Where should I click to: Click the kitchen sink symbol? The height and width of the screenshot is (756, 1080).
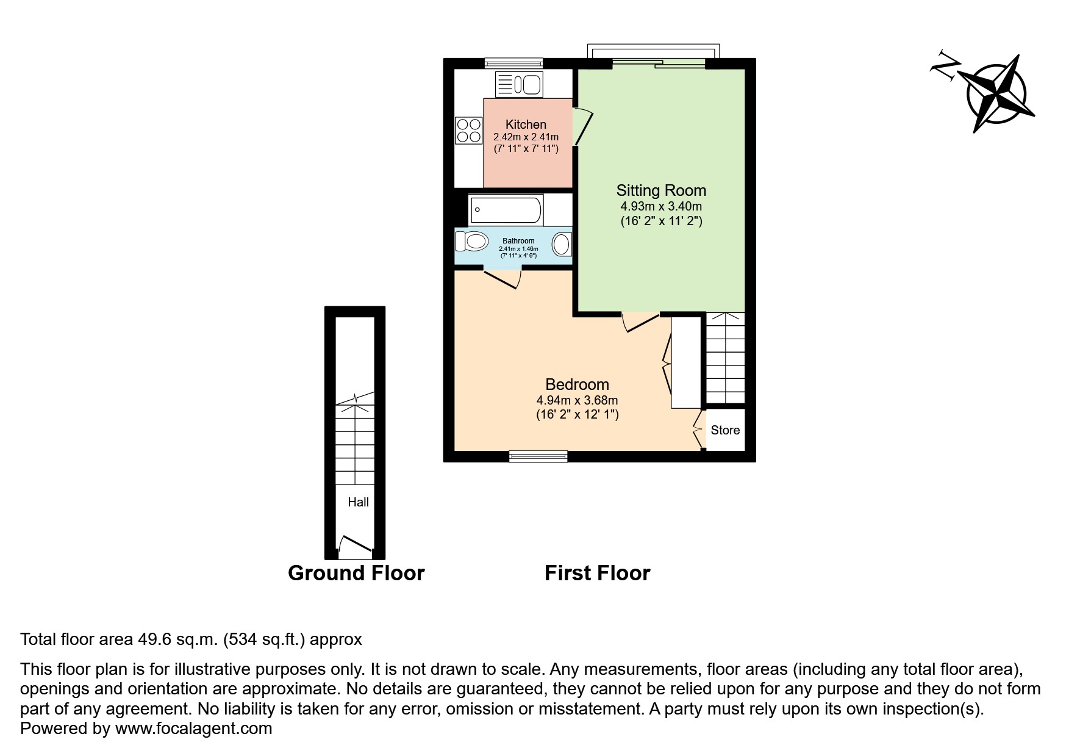pos(519,84)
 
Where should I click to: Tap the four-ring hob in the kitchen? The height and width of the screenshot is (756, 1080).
pos(468,131)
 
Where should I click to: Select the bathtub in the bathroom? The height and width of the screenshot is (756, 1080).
pos(506,209)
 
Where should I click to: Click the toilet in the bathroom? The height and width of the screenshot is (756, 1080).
pos(473,241)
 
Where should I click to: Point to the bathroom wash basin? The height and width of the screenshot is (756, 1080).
pos(561,245)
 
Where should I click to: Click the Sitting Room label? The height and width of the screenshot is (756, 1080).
pos(661,190)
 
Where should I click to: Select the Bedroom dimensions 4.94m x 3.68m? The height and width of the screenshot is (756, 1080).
pos(577,400)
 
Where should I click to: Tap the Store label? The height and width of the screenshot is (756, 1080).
pos(725,430)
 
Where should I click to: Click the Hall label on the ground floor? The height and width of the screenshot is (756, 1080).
pos(358,502)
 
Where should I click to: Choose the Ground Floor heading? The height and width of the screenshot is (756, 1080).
pos(356,573)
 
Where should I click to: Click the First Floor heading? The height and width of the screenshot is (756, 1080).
pos(597,573)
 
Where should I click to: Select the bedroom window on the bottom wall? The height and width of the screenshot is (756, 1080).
pos(538,455)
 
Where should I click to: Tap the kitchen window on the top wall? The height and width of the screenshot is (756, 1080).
pos(513,62)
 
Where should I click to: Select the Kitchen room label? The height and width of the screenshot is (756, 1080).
pos(526,124)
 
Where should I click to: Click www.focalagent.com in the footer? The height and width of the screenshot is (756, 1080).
pos(193,728)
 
